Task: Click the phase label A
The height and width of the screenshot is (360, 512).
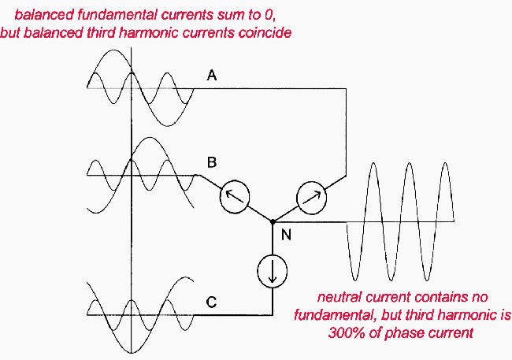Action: (x=211, y=76)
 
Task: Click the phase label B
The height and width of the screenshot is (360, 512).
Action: (x=211, y=163)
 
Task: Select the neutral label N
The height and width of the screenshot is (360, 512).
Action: (x=286, y=235)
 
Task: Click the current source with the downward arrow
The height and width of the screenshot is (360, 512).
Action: (x=272, y=271)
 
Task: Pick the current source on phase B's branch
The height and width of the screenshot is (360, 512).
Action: (x=232, y=195)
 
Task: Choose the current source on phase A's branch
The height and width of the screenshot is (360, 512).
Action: (x=309, y=195)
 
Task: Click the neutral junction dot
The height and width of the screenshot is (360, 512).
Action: (x=272, y=222)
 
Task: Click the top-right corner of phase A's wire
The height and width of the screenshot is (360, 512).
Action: (x=346, y=88)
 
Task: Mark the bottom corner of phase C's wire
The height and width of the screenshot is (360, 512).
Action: (x=272, y=314)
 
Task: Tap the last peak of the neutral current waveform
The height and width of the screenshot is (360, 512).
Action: (x=445, y=163)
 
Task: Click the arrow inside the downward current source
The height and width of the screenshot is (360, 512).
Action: (x=272, y=272)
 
